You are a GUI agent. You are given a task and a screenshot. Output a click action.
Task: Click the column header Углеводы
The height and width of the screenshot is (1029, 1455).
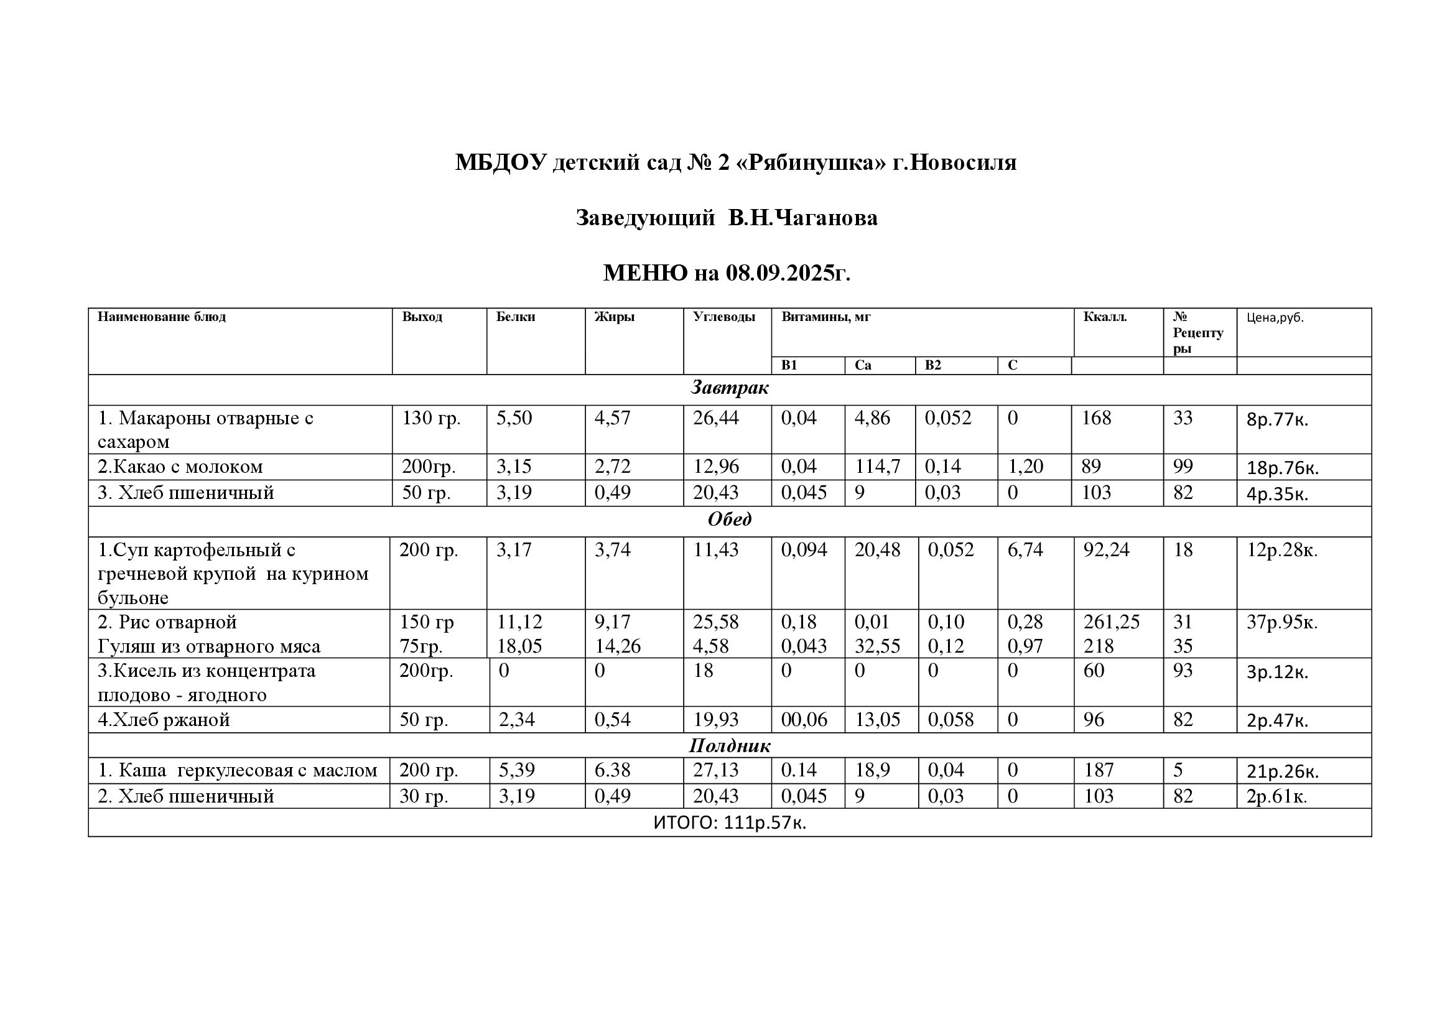click(723, 317)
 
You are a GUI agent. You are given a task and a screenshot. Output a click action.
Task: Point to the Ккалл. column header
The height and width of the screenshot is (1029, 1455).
click(1105, 317)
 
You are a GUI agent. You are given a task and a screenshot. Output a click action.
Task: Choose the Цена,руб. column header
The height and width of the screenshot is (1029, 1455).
click(1275, 317)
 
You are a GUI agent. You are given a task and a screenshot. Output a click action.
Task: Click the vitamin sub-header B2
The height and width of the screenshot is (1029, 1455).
click(933, 366)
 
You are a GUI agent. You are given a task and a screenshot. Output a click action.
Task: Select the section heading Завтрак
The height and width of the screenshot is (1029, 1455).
click(730, 388)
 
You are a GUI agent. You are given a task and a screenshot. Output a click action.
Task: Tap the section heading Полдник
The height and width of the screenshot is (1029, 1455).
click(730, 746)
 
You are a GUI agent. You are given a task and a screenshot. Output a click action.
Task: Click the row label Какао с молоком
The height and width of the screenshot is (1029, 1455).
click(180, 467)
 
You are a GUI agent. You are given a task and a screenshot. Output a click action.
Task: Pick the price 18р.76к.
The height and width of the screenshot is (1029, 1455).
click(1282, 468)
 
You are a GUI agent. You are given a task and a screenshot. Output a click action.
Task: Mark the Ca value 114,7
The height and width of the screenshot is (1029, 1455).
click(877, 467)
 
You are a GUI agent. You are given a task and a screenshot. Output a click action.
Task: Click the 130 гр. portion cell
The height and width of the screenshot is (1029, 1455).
click(431, 418)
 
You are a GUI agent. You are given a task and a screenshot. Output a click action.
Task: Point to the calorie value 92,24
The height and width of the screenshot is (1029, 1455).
click(1106, 550)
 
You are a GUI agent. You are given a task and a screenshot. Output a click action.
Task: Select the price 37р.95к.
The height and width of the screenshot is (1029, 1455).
click(1281, 623)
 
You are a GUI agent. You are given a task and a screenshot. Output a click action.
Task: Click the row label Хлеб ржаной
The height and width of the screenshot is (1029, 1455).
click(164, 720)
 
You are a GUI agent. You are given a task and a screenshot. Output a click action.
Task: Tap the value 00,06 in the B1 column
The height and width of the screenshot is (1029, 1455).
click(804, 720)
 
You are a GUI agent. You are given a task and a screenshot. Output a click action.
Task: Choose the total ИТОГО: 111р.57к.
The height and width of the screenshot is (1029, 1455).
click(730, 822)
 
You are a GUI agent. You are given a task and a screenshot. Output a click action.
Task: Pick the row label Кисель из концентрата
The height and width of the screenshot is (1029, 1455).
click(207, 671)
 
